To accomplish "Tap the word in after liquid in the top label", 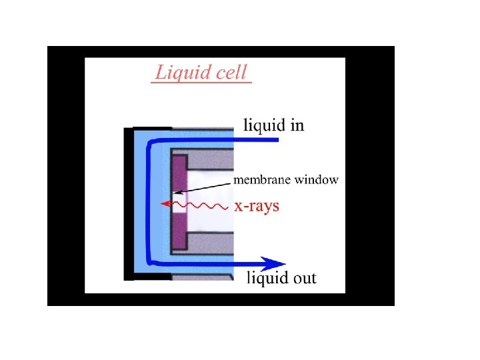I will click(x=296, y=125).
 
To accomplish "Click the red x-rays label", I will click(x=257, y=206).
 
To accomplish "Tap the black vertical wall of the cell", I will click(x=129, y=203).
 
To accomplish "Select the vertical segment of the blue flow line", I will click(x=149, y=200).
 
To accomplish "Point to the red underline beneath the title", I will click(x=201, y=82).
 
